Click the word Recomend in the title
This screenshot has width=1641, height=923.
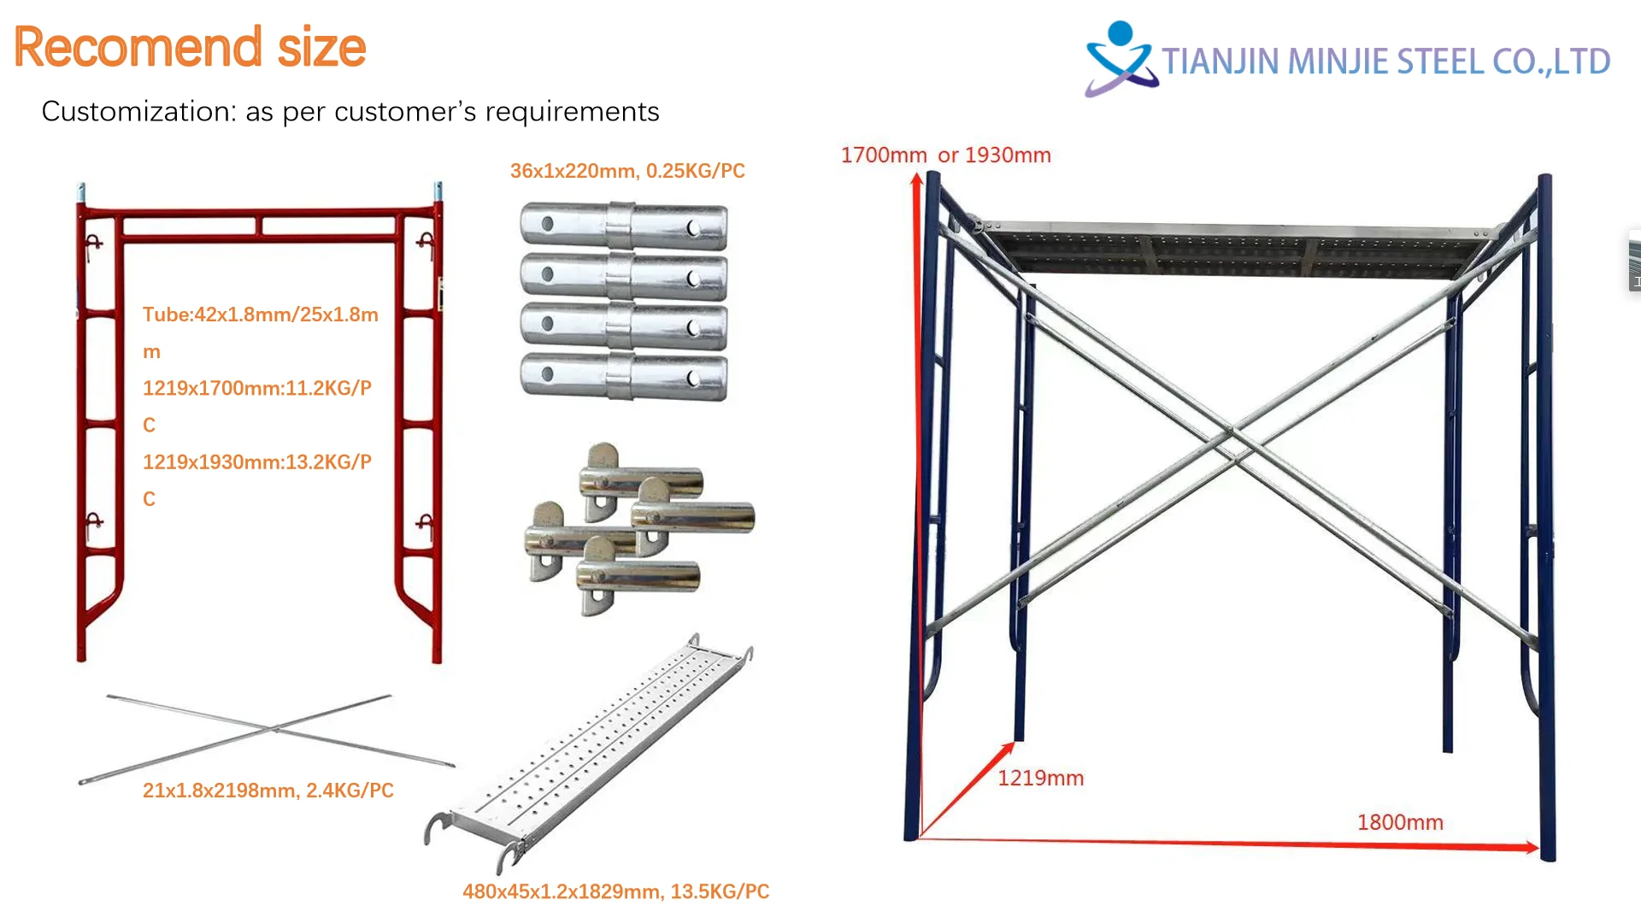138,47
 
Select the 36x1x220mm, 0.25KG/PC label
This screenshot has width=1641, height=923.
627,171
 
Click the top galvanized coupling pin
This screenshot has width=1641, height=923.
624,226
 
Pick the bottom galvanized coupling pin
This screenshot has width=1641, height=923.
624,377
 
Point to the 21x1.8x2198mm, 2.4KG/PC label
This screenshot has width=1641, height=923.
268,791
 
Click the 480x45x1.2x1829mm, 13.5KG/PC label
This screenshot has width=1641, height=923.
615,891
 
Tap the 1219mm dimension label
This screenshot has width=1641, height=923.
1040,779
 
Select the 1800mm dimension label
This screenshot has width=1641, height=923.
1400,822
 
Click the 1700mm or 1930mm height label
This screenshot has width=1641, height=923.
945,156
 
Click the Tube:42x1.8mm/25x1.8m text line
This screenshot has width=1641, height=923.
260,315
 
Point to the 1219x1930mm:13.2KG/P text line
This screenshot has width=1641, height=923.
256,462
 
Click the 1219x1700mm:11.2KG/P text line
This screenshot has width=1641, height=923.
256,388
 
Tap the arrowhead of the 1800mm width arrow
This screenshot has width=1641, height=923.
1532,848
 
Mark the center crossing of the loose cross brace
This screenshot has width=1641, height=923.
275,729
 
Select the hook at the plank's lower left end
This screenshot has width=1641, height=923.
437,827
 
